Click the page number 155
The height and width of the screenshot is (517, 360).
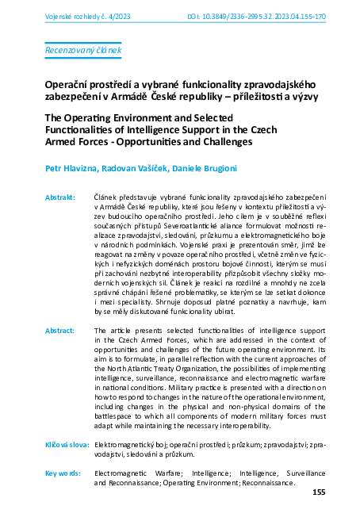(319, 492)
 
